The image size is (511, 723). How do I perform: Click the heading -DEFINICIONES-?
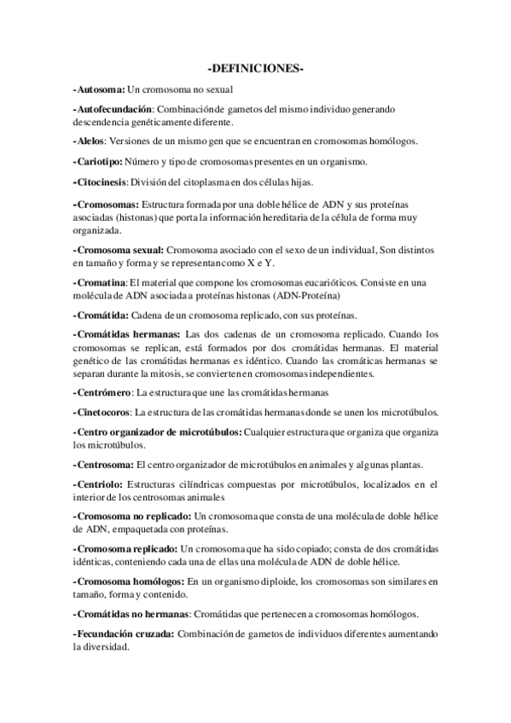[256, 67]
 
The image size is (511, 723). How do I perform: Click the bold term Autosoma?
[101, 89]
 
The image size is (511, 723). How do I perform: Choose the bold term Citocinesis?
[101, 182]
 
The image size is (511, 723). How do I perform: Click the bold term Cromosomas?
[106, 205]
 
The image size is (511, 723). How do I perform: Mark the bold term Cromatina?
[101, 282]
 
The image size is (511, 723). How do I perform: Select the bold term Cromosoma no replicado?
[133, 516]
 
